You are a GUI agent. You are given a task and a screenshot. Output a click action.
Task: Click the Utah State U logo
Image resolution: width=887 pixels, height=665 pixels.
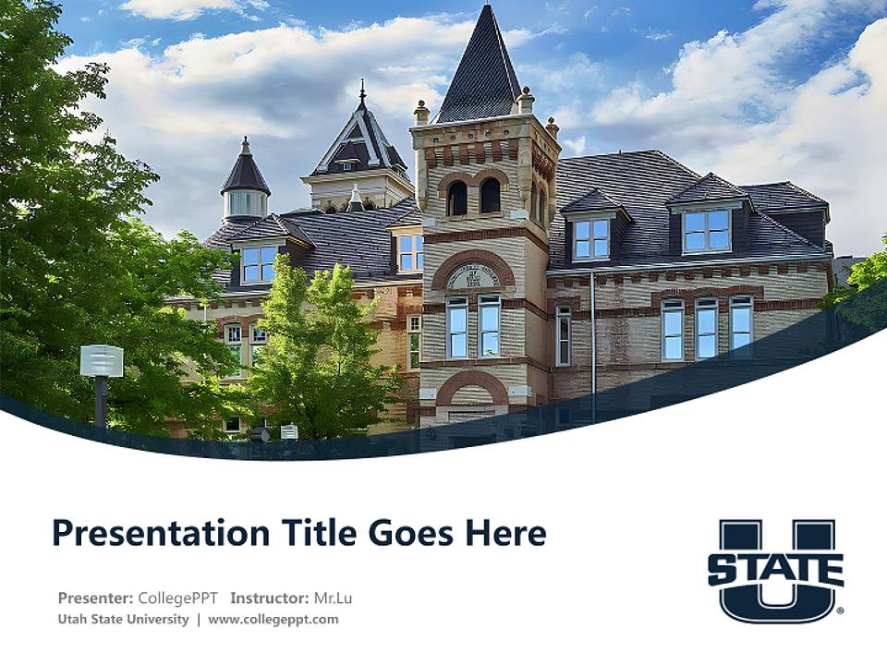click(x=776, y=569)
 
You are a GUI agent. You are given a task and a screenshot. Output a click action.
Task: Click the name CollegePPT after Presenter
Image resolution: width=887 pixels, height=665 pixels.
click(x=179, y=598)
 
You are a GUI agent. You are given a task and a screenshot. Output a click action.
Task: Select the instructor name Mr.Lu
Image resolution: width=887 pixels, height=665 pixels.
click(x=333, y=598)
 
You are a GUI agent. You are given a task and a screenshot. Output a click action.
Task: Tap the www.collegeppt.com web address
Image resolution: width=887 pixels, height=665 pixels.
click(x=273, y=619)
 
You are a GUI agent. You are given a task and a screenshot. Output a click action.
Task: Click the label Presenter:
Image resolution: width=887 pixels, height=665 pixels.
click(x=95, y=598)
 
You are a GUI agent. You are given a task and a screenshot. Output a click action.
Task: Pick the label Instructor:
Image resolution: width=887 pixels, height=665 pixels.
click(x=269, y=598)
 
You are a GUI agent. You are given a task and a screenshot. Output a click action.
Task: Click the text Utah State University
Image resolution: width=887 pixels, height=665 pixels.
click(x=123, y=619)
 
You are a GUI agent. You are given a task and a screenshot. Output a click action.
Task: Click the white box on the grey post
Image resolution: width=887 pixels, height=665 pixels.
click(x=102, y=360)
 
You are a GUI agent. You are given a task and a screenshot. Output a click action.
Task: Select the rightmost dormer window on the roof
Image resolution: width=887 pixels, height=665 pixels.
click(x=707, y=229)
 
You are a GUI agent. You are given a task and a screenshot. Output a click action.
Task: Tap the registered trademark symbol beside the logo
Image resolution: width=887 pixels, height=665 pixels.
click(x=839, y=611)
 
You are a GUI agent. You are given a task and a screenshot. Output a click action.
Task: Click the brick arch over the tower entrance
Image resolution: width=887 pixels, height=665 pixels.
click(x=472, y=385)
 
